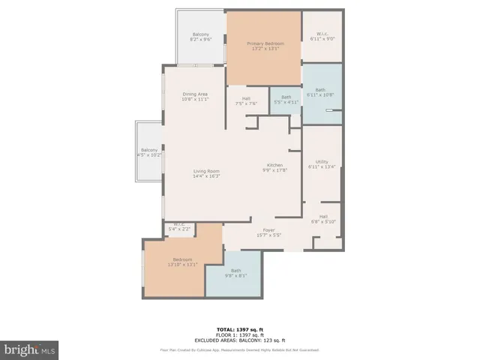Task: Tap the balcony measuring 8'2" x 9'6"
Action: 200,38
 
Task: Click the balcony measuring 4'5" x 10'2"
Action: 148,153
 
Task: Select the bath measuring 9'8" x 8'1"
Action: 235,273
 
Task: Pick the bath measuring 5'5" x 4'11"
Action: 286,100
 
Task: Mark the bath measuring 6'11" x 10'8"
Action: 321,91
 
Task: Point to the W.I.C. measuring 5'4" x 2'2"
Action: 179,226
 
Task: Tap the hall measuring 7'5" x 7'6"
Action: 246,101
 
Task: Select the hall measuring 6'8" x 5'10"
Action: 322,218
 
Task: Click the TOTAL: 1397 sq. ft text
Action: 239,329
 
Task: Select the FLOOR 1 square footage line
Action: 239,334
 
